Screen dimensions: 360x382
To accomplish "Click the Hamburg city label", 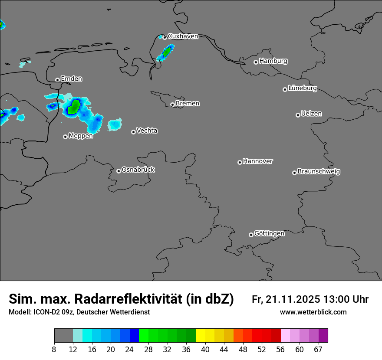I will (273, 61).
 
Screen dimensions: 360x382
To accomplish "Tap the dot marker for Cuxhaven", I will (165, 37).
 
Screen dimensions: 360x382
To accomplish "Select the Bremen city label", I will (188, 104).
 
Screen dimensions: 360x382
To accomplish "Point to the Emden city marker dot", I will (57, 80).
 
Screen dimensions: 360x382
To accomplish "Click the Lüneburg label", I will (303, 88).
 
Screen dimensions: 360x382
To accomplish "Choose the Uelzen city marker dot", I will (298, 115).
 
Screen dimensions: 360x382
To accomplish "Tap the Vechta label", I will (147, 131).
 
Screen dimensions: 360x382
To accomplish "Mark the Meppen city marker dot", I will (65, 137).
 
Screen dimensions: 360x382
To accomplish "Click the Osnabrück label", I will (138, 170).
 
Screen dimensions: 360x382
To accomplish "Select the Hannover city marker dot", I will (240, 162).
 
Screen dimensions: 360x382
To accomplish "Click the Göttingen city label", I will (269, 233).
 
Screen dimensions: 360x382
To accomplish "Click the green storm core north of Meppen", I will (74, 106).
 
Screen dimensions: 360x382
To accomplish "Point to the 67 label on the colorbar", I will (318, 350).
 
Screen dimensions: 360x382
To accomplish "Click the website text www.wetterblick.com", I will (313, 312).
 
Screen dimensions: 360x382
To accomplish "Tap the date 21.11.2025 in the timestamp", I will (293, 299).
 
